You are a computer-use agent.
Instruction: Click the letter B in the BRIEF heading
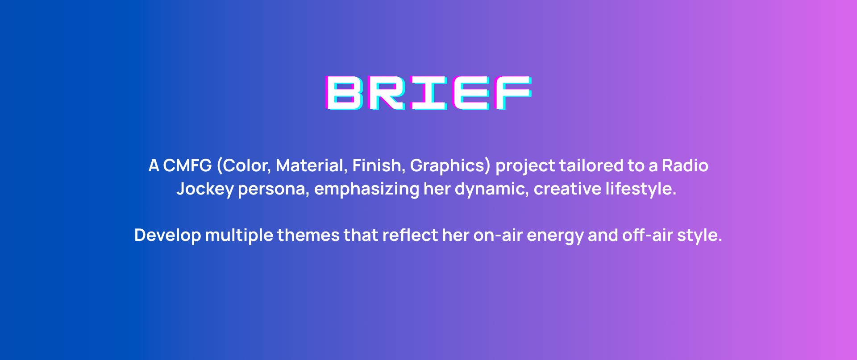[344, 93]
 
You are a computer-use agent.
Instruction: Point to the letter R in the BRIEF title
[386, 93]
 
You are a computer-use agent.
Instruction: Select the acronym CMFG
[187, 166]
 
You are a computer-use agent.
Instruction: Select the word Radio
[685, 166]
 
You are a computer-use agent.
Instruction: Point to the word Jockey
[205, 189]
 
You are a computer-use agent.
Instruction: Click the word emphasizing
[367, 189]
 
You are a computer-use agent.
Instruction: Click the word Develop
[167, 236]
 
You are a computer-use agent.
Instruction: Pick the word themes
[308, 235]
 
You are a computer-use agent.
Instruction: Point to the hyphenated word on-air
[498, 236]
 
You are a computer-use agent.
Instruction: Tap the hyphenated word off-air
[648, 235]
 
